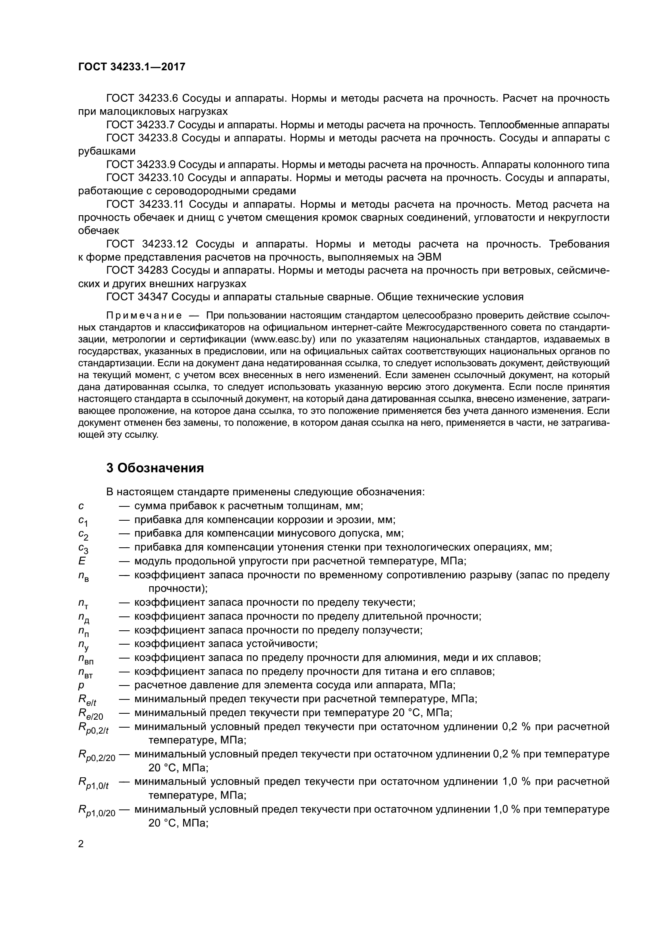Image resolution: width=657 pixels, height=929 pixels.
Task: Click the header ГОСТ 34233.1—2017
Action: tap(131, 67)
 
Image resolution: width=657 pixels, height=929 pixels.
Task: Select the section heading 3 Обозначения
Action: tap(155, 468)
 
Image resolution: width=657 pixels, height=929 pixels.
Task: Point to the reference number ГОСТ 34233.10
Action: tap(145, 178)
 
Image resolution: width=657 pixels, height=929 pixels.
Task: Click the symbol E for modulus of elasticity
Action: tap(82, 561)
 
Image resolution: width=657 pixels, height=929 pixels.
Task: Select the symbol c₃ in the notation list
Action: tap(83, 548)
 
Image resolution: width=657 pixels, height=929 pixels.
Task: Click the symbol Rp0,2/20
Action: tap(96, 755)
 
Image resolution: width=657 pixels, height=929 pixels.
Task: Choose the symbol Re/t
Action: tap(87, 700)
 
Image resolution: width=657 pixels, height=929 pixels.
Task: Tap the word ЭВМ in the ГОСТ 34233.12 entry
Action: tap(429, 257)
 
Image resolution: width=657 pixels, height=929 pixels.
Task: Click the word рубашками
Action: tap(107, 151)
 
